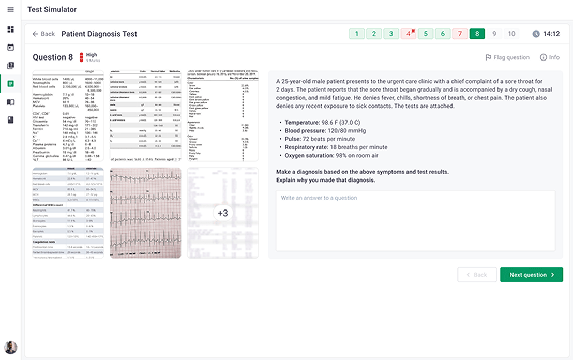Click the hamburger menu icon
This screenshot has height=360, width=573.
click(x=10, y=10)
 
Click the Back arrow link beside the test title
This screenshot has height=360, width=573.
click(x=43, y=34)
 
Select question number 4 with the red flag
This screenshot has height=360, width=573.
click(x=408, y=34)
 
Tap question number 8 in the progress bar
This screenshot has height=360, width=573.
click(x=477, y=34)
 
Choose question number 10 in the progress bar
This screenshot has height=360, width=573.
click(x=511, y=34)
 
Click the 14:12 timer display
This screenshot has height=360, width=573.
click(x=546, y=34)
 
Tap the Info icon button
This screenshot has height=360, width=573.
click(x=549, y=57)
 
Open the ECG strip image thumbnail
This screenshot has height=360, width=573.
click(x=145, y=213)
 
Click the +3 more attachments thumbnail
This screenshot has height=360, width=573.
click(x=223, y=213)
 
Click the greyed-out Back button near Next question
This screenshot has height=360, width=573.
click(x=476, y=275)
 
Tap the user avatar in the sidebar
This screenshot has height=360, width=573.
click(x=10, y=347)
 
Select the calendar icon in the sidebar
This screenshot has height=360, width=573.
click(x=10, y=48)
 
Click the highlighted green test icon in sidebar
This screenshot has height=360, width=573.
click(x=10, y=83)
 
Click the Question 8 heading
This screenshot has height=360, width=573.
click(x=53, y=57)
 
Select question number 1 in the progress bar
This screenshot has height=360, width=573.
click(x=357, y=34)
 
